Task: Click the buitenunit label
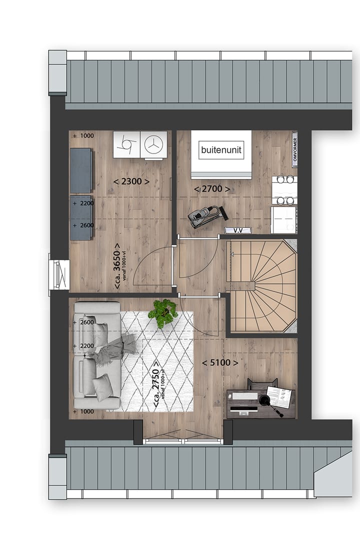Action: [220, 149]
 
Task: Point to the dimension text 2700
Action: [212, 189]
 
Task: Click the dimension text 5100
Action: [220, 362]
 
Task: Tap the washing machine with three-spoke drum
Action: [153, 144]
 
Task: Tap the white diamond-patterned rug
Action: [165, 370]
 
